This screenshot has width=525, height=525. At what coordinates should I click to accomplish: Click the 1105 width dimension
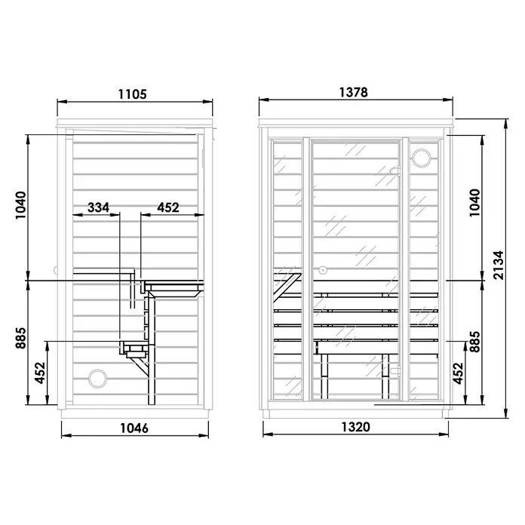(133, 94)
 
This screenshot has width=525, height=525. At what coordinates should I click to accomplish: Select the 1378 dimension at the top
(354, 92)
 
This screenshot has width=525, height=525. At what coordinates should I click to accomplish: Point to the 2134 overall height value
(498, 266)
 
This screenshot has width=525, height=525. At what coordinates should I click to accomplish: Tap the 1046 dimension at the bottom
(134, 428)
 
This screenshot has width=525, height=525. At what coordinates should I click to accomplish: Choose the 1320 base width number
(355, 427)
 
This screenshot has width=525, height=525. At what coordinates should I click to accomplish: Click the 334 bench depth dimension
(98, 207)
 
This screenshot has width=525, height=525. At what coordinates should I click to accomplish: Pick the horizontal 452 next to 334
(168, 207)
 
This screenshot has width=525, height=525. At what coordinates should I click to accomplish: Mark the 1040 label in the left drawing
(21, 205)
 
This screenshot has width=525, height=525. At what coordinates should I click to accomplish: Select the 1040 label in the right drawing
(474, 203)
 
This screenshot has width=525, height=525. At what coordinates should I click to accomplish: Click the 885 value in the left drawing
(21, 338)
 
